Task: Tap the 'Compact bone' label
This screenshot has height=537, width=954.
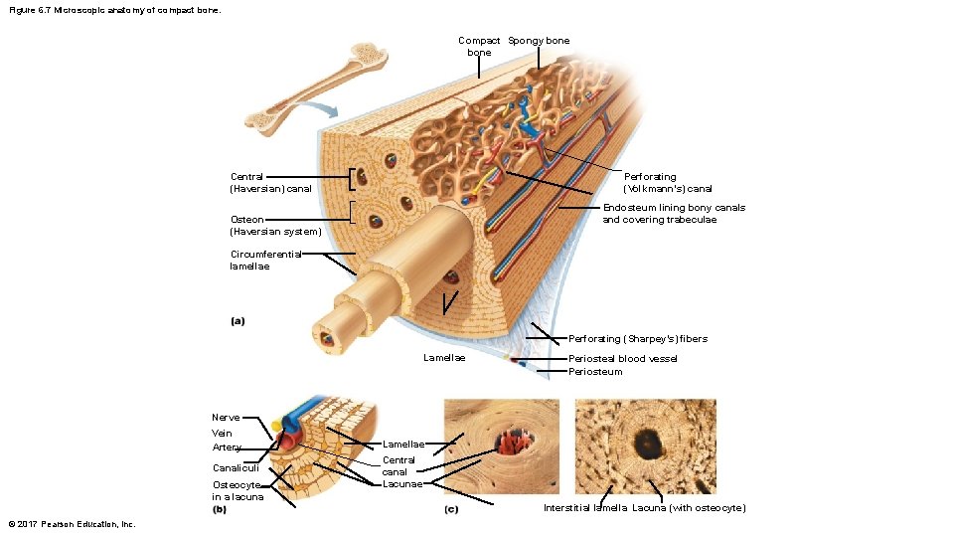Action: (x=479, y=46)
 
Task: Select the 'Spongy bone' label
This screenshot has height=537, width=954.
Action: (x=539, y=40)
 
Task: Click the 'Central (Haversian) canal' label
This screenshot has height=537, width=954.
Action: (x=271, y=182)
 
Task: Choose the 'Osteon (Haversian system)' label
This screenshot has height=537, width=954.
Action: (x=275, y=226)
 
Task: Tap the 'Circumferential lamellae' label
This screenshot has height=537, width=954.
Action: (x=265, y=260)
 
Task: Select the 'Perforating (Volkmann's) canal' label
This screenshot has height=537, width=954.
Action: (x=668, y=182)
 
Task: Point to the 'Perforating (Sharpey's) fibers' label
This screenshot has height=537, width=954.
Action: (x=638, y=338)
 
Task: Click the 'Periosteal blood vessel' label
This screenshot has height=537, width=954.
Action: (x=623, y=358)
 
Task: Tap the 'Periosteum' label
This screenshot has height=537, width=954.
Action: (x=596, y=372)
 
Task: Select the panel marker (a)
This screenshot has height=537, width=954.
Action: (x=238, y=321)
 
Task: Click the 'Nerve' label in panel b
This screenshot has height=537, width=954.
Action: (x=225, y=418)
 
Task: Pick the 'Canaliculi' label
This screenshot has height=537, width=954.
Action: (x=236, y=467)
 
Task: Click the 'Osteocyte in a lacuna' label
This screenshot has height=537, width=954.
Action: (x=238, y=490)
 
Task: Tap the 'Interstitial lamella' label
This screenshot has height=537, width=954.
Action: (x=585, y=508)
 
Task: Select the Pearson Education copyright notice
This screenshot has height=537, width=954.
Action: (x=71, y=524)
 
